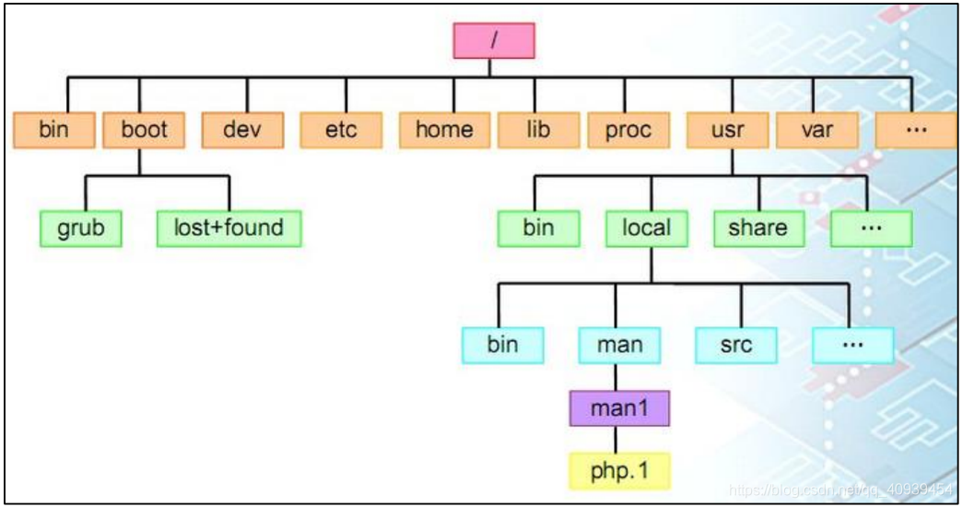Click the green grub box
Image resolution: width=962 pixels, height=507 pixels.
[81, 228]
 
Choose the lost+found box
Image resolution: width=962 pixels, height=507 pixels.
[229, 228]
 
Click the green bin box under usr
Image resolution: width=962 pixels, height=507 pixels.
[538, 228]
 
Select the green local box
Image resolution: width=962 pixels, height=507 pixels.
[646, 228]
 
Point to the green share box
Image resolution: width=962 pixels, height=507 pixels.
[757, 228]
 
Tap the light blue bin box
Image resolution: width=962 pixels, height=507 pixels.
[502, 345]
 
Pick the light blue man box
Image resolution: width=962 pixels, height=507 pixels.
[619, 345]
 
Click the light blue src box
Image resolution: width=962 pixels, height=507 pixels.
[736, 345]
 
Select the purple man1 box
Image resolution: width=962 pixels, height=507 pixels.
[619, 407]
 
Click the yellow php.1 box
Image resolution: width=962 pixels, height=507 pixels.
[619, 470]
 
